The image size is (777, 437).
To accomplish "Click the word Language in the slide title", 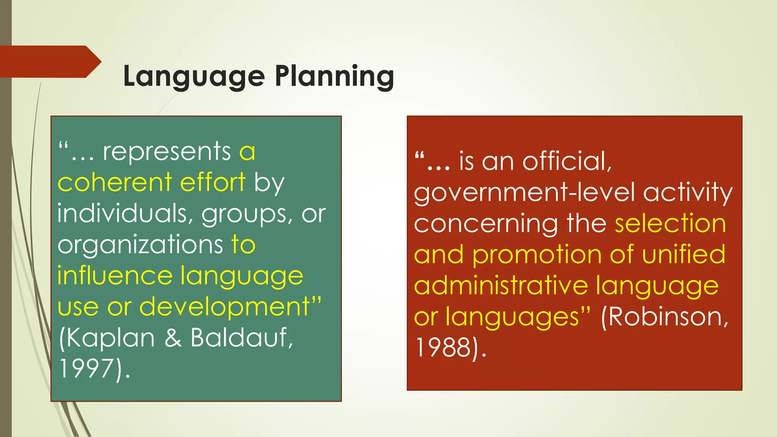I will click(194, 77).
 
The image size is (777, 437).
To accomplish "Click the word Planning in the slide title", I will click(334, 77).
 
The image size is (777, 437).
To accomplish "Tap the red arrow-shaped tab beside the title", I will click(49, 61).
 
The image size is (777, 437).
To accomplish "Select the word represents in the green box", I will click(167, 152).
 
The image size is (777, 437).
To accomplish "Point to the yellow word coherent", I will click(115, 182).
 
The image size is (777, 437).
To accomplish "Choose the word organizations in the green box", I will click(140, 245).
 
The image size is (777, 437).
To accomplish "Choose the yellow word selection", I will click(670, 223).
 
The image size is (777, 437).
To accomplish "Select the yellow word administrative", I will click(501, 286).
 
